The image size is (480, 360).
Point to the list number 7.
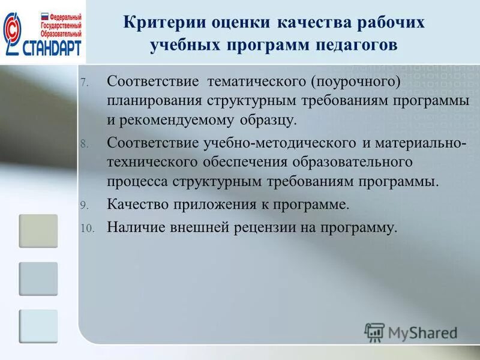(84, 82)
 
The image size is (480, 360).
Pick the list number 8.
(84, 144)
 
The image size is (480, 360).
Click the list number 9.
(84, 206)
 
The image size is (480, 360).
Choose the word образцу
(268, 119)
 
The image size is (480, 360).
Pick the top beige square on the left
(38, 231)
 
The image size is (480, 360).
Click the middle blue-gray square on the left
(38, 278)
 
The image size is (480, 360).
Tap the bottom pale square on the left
(38, 326)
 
